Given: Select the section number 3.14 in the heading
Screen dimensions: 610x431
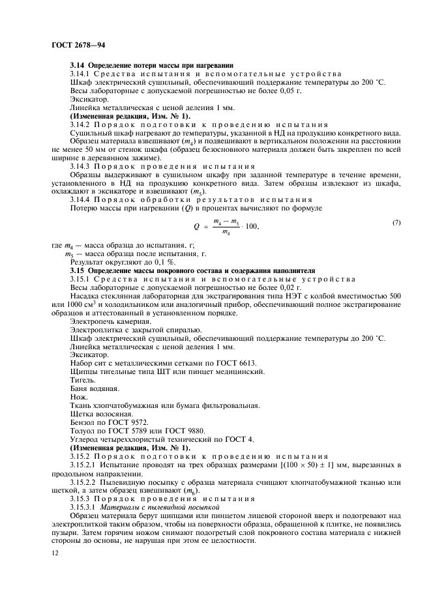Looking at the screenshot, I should coord(78,66).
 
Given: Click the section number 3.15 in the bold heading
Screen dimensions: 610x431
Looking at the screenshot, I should coord(78,269).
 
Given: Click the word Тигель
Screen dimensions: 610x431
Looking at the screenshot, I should coord(83,379).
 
